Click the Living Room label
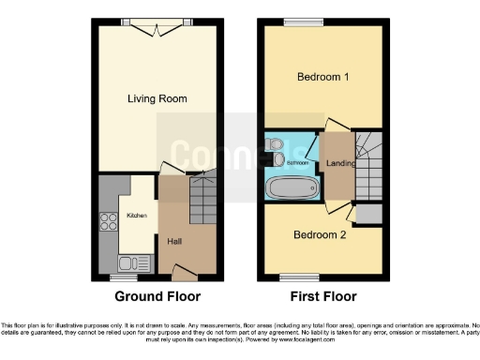pos(157,98)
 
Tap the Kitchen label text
pos(137,216)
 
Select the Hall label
pos(174,241)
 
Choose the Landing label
pos(338,165)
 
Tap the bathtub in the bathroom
pos(292,187)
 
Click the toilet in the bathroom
pos(274,145)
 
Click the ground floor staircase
pos(203,199)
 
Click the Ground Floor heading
pos(157,297)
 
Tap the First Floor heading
pos(323,297)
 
